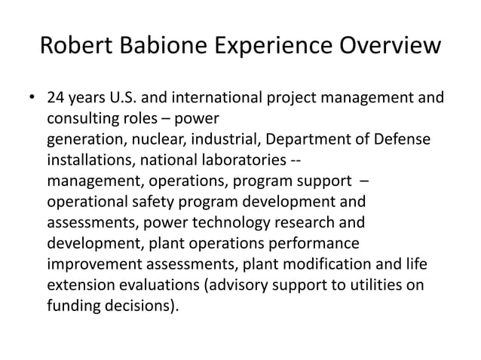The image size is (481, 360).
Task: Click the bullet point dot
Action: (32, 99)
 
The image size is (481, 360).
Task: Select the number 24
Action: (55, 99)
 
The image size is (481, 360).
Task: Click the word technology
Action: (258, 224)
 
